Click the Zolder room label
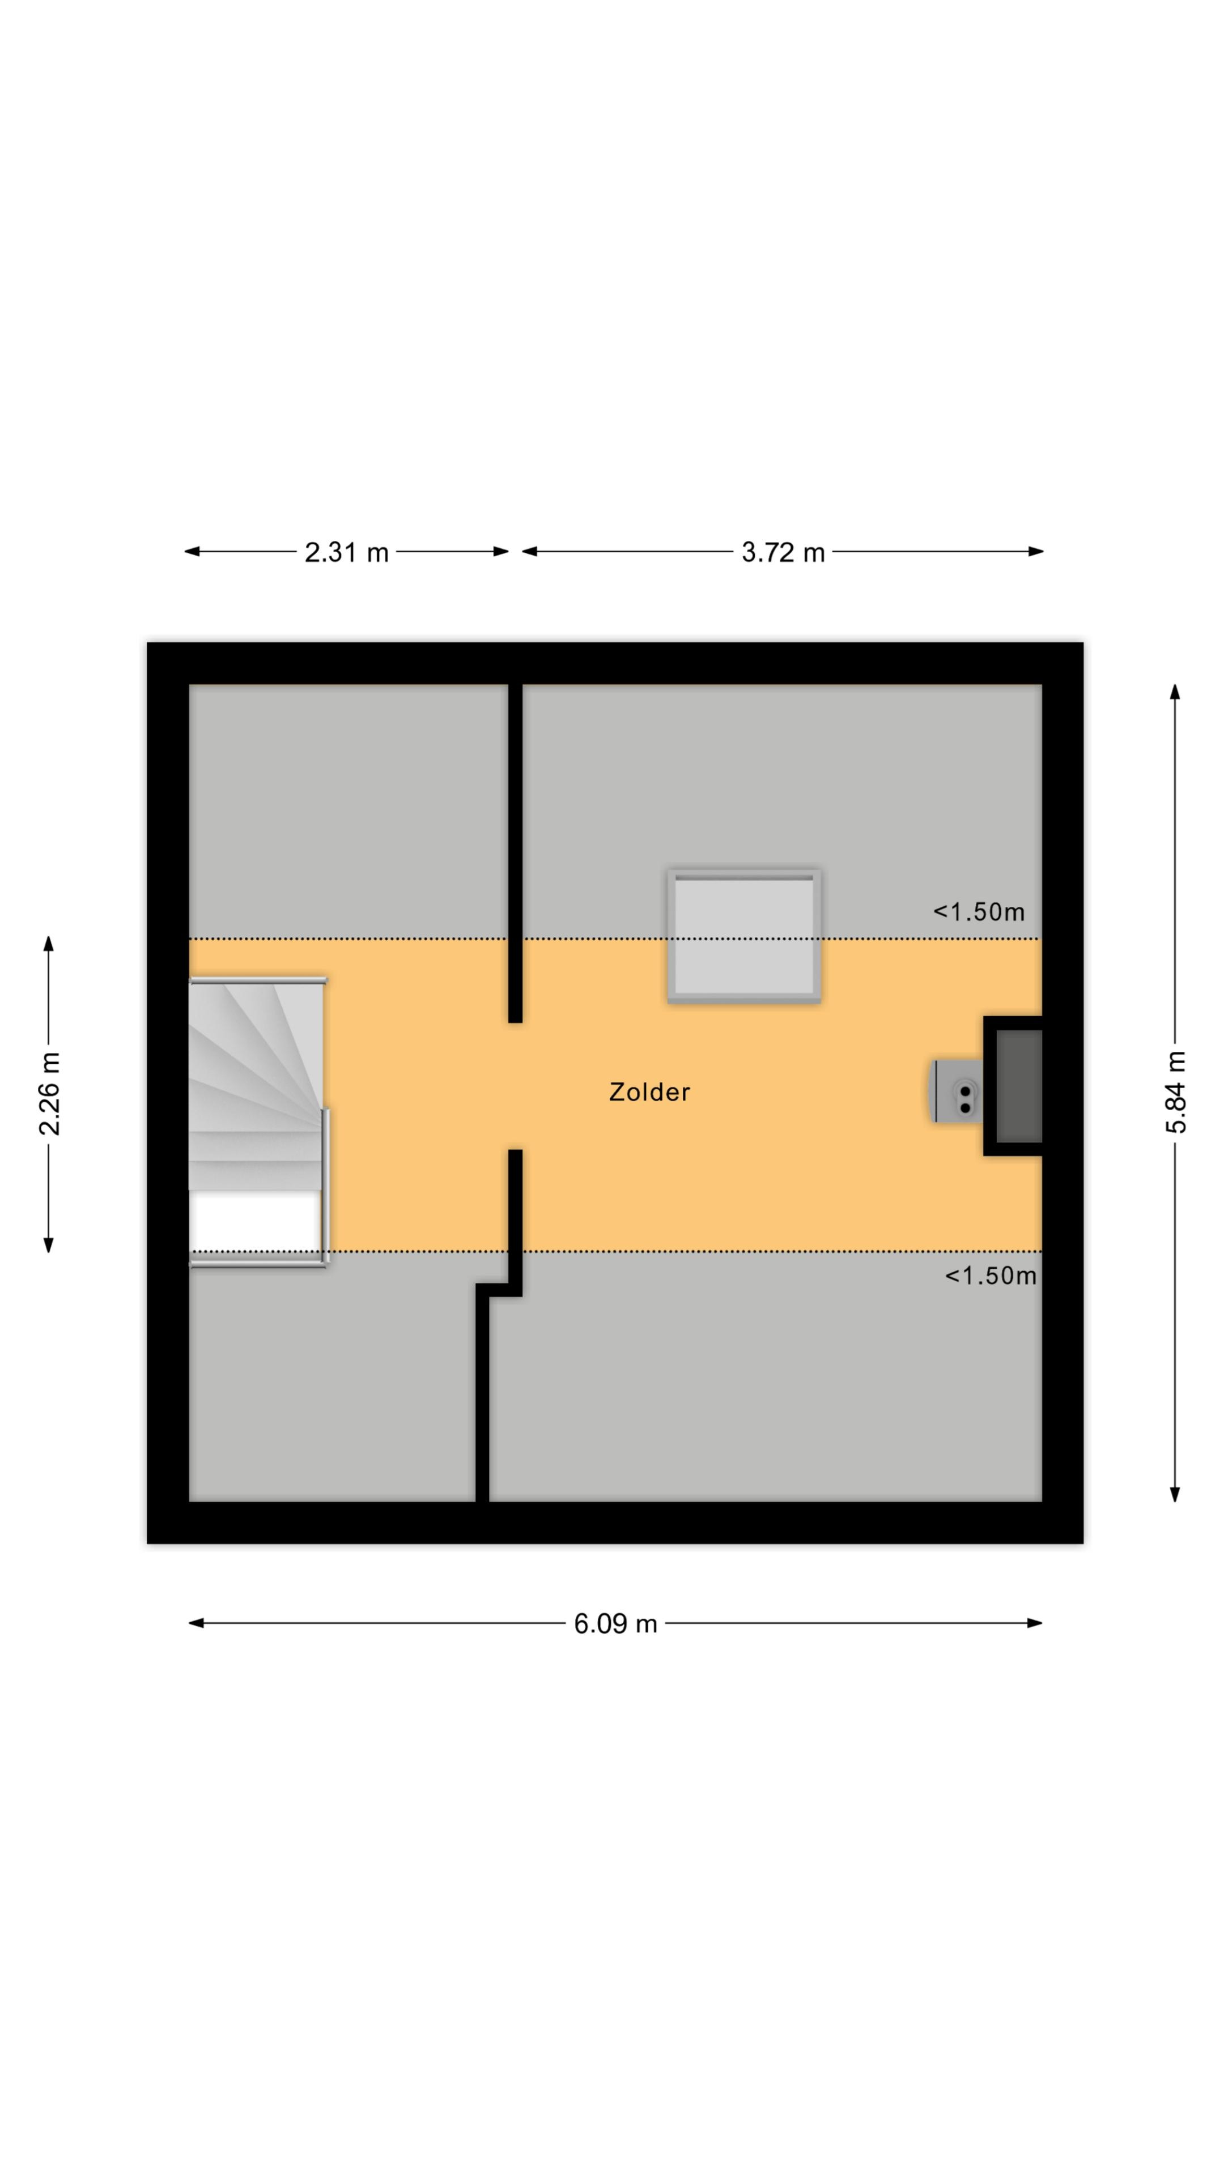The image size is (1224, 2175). (649, 1091)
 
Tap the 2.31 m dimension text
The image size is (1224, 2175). (346, 552)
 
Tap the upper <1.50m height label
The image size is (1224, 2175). (978, 912)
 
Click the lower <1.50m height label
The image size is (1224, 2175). (990, 1276)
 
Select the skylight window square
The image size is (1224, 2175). (744, 936)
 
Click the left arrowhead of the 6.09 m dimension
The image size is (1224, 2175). (195, 1623)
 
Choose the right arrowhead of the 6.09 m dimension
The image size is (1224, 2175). (1035, 1623)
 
